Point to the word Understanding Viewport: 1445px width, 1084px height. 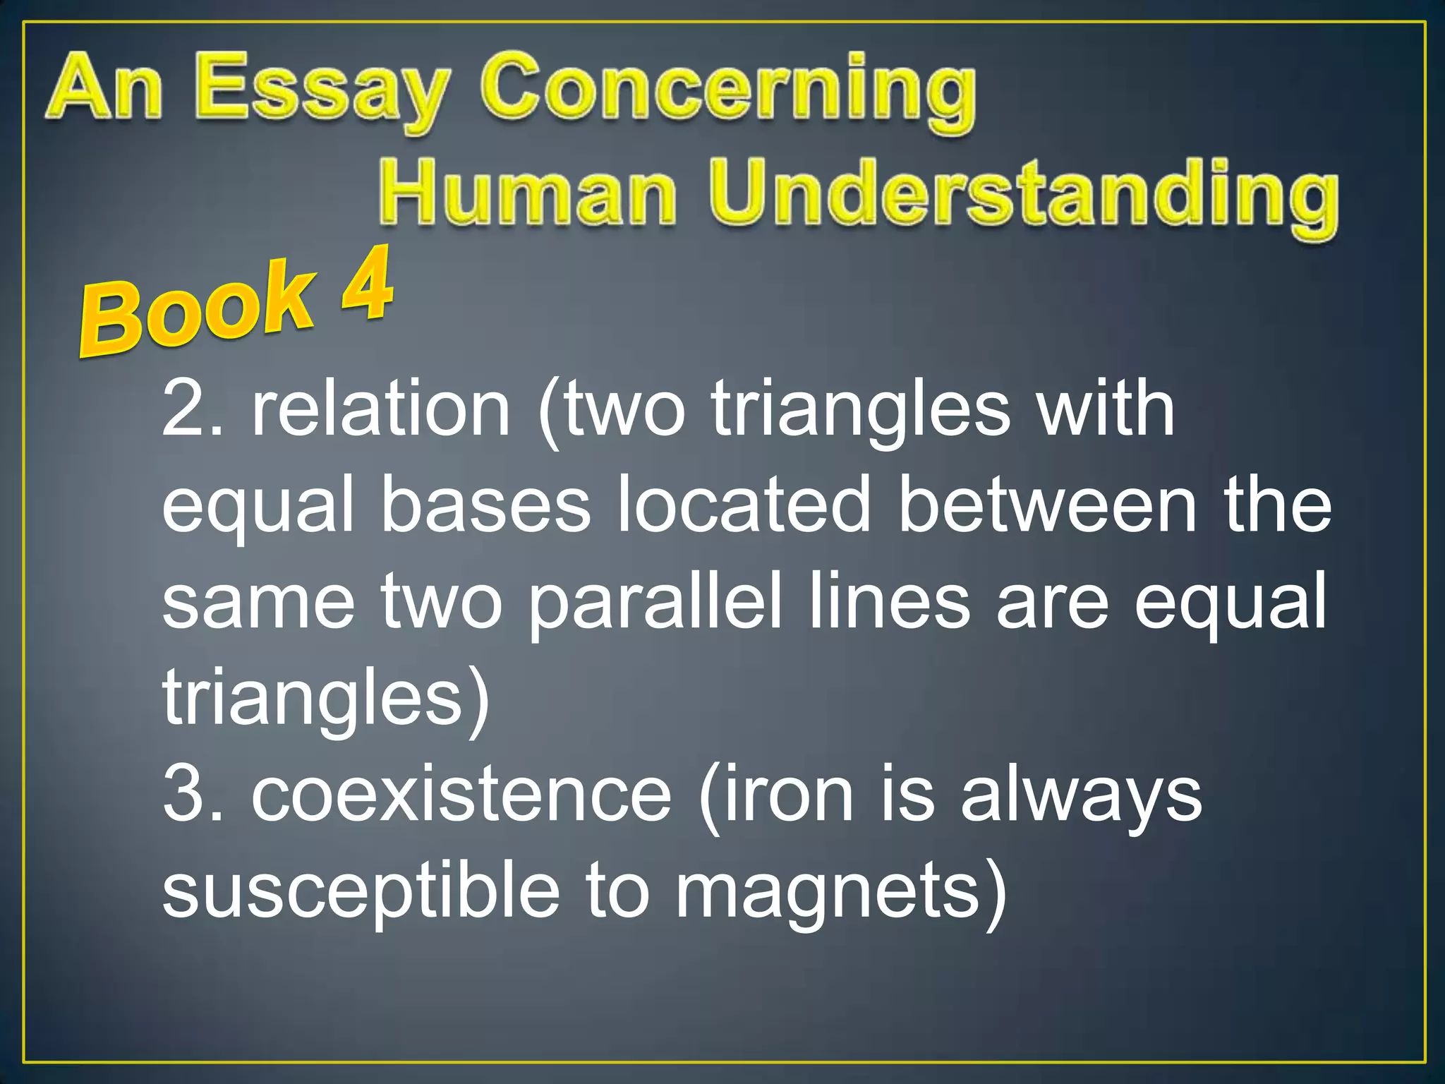coord(1023,194)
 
